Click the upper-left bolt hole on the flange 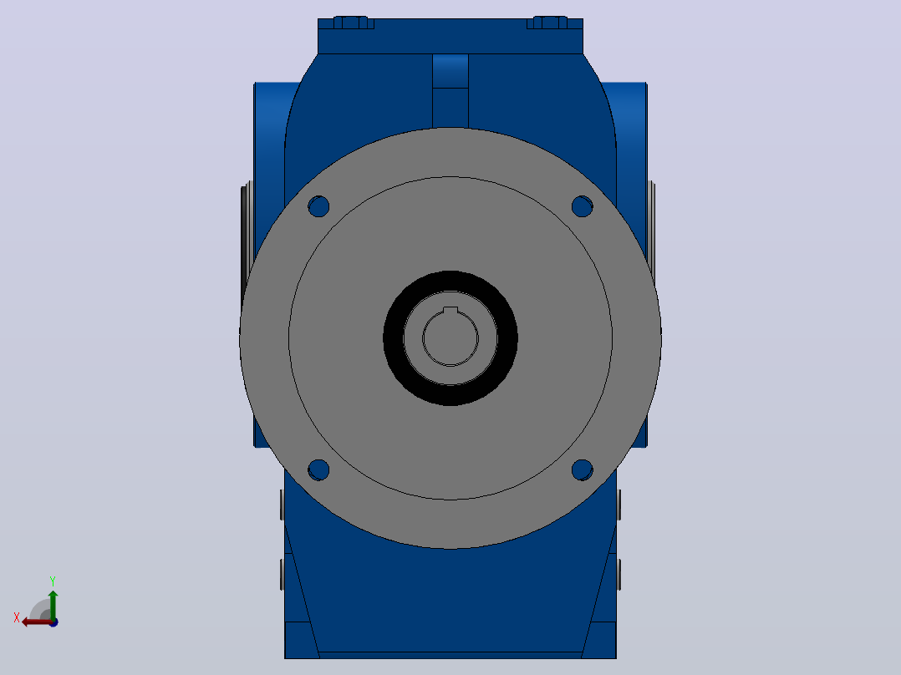318,206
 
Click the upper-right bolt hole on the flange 582,206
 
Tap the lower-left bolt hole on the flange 318,470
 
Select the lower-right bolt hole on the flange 582,470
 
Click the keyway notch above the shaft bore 450,311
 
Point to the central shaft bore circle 450,338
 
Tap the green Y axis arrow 53,605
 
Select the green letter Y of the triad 53,581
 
